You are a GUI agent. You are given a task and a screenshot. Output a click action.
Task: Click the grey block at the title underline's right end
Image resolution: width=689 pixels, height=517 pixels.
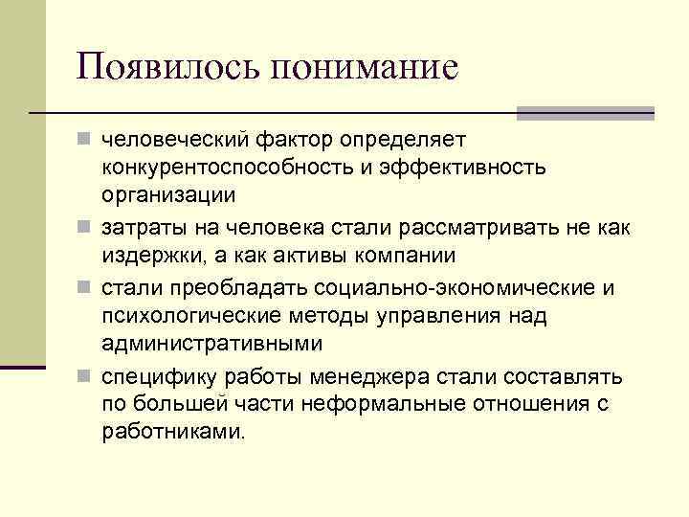585,113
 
